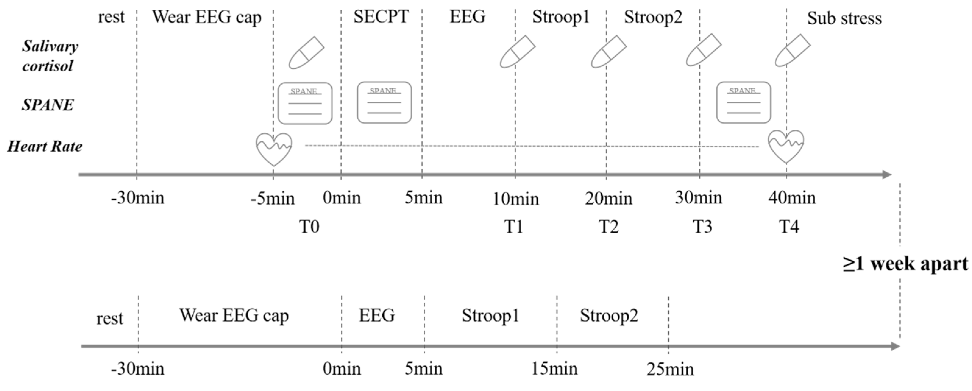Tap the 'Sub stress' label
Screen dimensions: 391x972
coord(844,18)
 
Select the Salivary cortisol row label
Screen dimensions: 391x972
coord(49,56)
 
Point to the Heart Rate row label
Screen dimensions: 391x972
coord(44,146)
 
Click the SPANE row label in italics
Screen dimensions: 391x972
coord(48,105)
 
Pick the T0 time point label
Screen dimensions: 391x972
coord(309,227)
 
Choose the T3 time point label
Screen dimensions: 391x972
coord(702,227)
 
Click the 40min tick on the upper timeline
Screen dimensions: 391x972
coord(792,198)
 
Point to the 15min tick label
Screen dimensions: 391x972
coord(554,369)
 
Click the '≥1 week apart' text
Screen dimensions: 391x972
coord(906,263)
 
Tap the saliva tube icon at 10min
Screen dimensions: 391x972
coord(517,52)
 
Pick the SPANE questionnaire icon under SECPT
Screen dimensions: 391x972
coord(384,103)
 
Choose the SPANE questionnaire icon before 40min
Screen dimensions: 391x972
coord(743,103)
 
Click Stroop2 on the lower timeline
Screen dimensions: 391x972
coord(608,315)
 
